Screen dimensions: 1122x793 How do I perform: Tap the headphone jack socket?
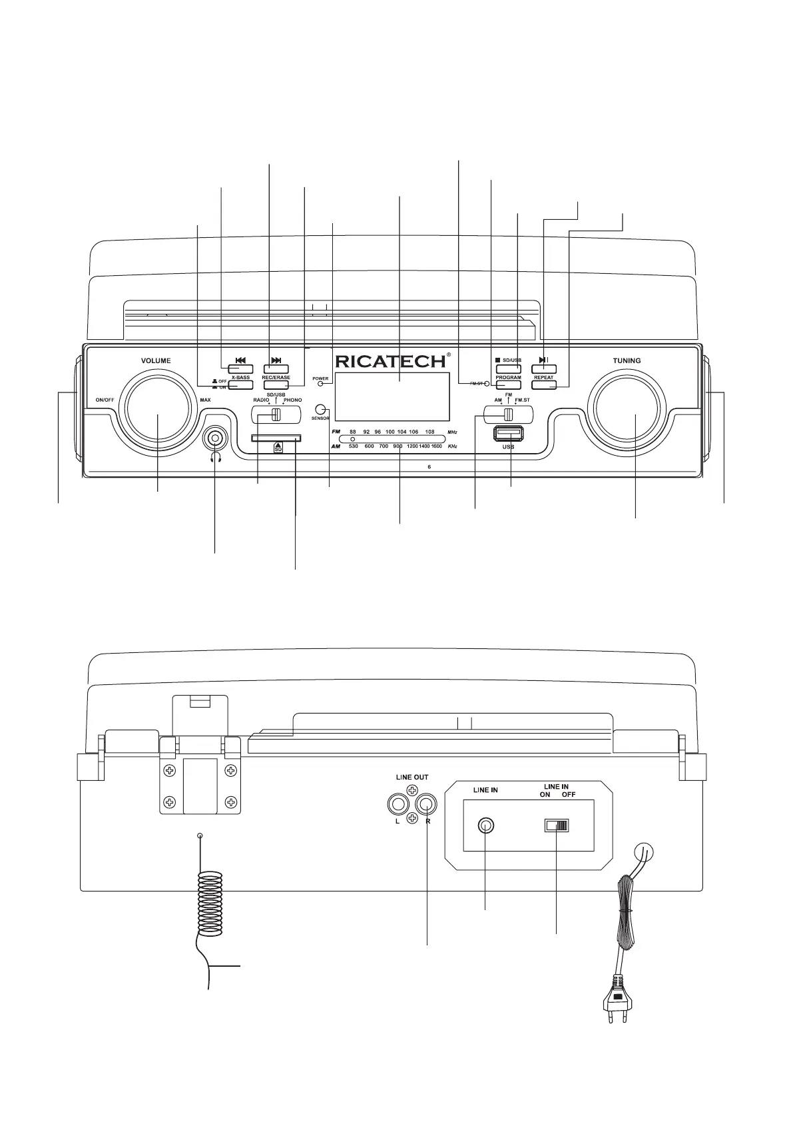pyautogui.click(x=215, y=438)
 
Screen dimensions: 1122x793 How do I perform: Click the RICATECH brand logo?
pyautogui.click(x=390, y=362)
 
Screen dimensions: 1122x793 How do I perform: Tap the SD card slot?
pyautogui.click(x=276, y=438)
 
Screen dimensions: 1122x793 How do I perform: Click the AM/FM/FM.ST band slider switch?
pyautogui.click(x=508, y=414)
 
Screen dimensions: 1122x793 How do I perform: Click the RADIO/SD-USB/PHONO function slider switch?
pyautogui.click(x=276, y=414)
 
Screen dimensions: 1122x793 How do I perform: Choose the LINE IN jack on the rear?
pyautogui.click(x=485, y=826)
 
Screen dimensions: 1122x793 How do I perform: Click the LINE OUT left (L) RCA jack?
pyautogui.click(x=397, y=804)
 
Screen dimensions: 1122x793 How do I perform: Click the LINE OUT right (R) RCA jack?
pyautogui.click(x=425, y=804)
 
